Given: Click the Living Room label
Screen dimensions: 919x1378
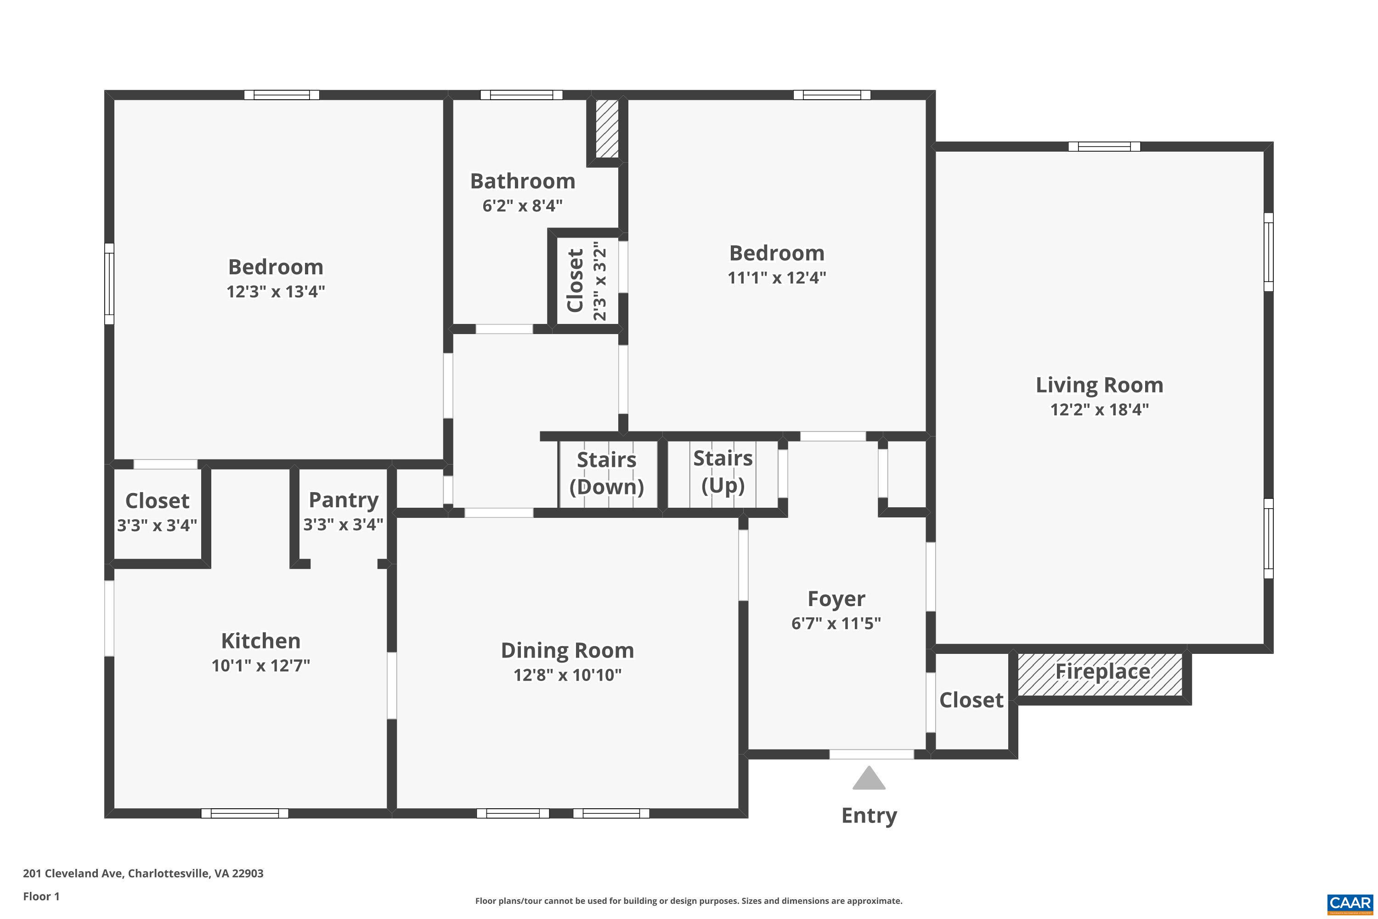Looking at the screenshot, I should point(1099,385).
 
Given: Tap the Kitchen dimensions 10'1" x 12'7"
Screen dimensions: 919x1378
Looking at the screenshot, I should point(261,665).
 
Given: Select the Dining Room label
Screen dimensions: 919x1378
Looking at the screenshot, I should point(567,651).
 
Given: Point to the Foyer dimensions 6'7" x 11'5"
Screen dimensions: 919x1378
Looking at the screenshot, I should point(836,623).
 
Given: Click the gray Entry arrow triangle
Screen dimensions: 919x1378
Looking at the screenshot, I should point(869,779).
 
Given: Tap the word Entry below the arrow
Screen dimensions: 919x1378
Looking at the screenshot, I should point(869,815).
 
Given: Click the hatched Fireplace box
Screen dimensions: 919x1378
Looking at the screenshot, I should point(1100,674).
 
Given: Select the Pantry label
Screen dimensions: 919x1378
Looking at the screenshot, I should point(343,500).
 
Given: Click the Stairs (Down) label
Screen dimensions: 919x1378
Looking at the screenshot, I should point(606,473).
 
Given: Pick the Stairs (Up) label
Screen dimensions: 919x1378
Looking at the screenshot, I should point(723,471).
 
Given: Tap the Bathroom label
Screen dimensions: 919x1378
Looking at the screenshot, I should point(523,181).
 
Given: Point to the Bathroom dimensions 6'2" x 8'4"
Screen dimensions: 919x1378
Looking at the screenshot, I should point(523,206).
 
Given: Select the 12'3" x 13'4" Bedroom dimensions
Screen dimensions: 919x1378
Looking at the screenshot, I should point(275,291).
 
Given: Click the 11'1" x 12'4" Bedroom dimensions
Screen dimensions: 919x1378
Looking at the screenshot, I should point(777,277).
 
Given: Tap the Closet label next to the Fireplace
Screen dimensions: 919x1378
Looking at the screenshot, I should point(971,700).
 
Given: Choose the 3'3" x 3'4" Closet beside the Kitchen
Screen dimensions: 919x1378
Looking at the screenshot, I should point(157,512).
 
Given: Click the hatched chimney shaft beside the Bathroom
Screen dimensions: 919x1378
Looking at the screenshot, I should point(606,128).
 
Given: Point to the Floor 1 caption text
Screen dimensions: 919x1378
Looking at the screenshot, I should point(41,896).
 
